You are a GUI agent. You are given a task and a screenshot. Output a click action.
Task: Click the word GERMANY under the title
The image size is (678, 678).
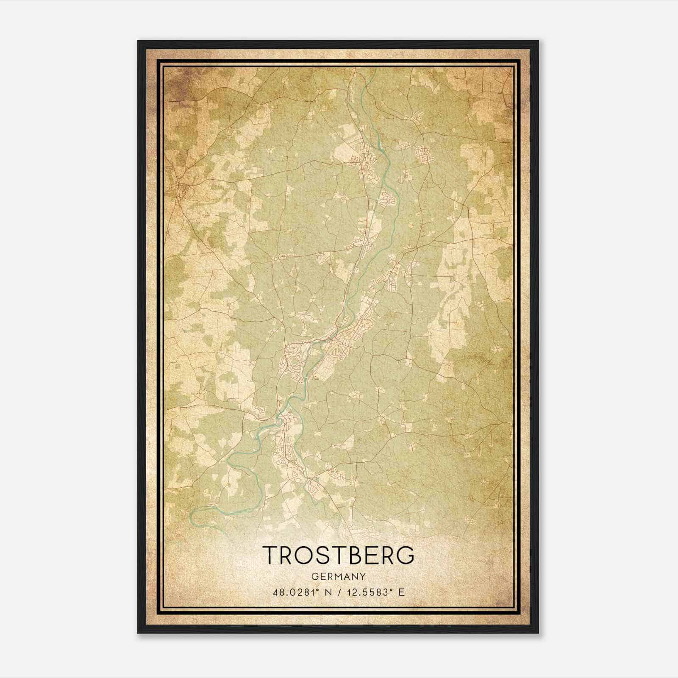(x=339, y=576)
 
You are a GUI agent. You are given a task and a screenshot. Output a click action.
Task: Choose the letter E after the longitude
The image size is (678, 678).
(x=401, y=592)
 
